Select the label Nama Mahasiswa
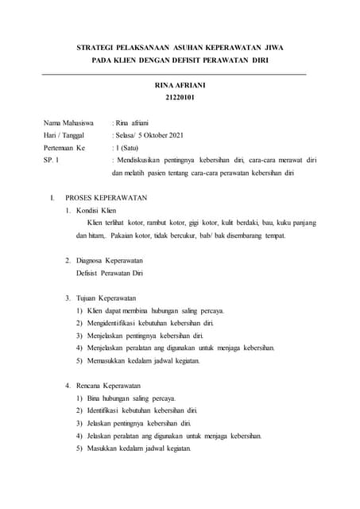click(x=69, y=123)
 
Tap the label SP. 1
click(x=52, y=161)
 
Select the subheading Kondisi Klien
click(x=96, y=210)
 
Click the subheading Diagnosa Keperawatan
click(x=109, y=260)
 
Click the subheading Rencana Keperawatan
click(x=107, y=385)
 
